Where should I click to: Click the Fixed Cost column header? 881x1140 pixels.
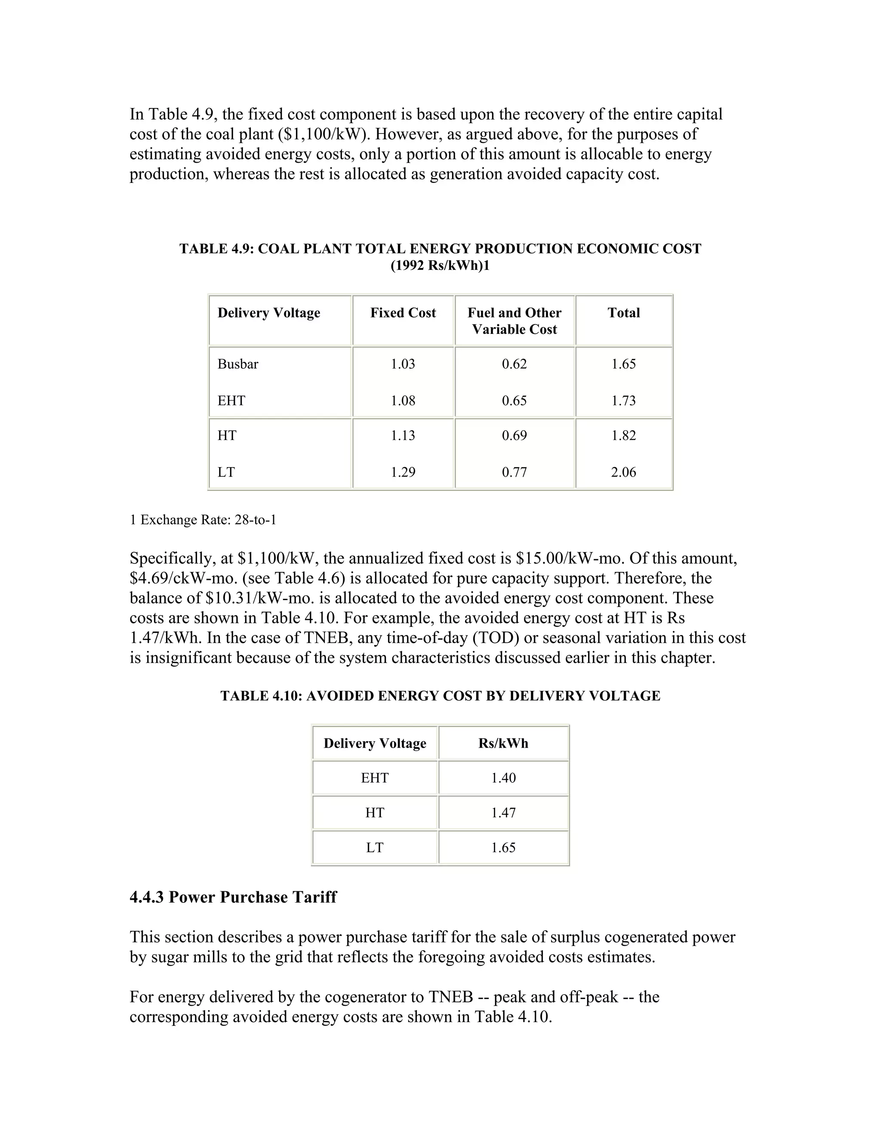(403, 313)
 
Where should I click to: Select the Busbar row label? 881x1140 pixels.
(238, 364)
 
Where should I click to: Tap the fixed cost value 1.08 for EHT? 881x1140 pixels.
(403, 401)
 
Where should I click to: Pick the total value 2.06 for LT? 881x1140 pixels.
(623, 472)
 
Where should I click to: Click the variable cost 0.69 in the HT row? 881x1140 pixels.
(514, 435)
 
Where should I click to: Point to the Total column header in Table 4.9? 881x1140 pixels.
(623, 313)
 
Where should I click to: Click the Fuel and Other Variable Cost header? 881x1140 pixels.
(514, 320)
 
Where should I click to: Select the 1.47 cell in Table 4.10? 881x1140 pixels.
(503, 812)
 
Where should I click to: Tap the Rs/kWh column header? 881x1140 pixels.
(503, 743)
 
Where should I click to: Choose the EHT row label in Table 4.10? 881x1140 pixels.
(375, 778)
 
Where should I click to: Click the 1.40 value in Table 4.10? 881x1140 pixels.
(503, 778)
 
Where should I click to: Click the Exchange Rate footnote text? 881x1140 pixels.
(203, 520)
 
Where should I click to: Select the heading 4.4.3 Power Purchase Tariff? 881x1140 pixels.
(233, 897)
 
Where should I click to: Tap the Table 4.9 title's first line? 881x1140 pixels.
(440, 249)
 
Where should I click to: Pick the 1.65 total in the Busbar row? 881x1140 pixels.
(623, 364)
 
